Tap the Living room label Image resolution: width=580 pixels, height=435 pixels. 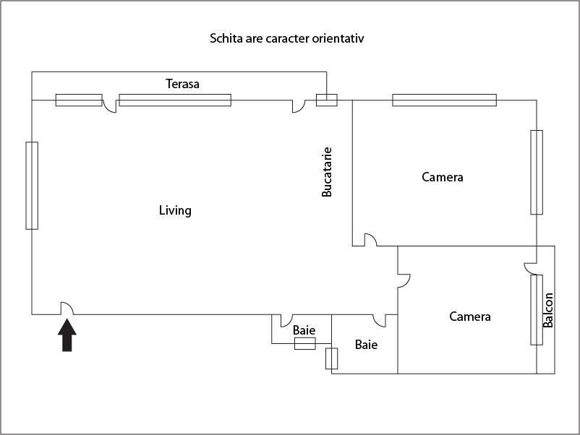point(175,210)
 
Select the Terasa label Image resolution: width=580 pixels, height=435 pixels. point(182,84)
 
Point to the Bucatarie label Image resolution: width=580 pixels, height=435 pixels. point(327,173)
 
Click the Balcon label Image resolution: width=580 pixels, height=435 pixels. point(548,310)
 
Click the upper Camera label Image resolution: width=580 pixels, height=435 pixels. point(442,177)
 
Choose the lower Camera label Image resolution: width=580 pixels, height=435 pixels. point(469,316)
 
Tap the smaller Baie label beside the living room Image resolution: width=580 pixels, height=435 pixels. point(304,330)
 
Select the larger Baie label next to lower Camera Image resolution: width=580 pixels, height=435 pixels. point(366,345)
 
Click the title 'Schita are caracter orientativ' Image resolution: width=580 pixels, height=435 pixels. point(286,38)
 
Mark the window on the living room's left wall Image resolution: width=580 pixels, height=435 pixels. point(32,186)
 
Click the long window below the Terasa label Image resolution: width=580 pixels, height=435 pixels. point(175,100)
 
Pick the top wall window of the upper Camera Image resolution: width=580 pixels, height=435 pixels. point(444,100)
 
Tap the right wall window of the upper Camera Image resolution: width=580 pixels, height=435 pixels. point(536,172)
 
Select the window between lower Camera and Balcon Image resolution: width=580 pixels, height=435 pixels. point(536,310)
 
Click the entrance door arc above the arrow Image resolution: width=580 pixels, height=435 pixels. point(67,309)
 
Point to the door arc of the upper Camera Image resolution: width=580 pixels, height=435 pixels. point(369,240)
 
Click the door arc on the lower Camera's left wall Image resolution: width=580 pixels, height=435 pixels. point(404,278)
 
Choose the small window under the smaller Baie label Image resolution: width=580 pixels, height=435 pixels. point(304,344)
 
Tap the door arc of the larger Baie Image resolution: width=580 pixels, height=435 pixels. point(379,320)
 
